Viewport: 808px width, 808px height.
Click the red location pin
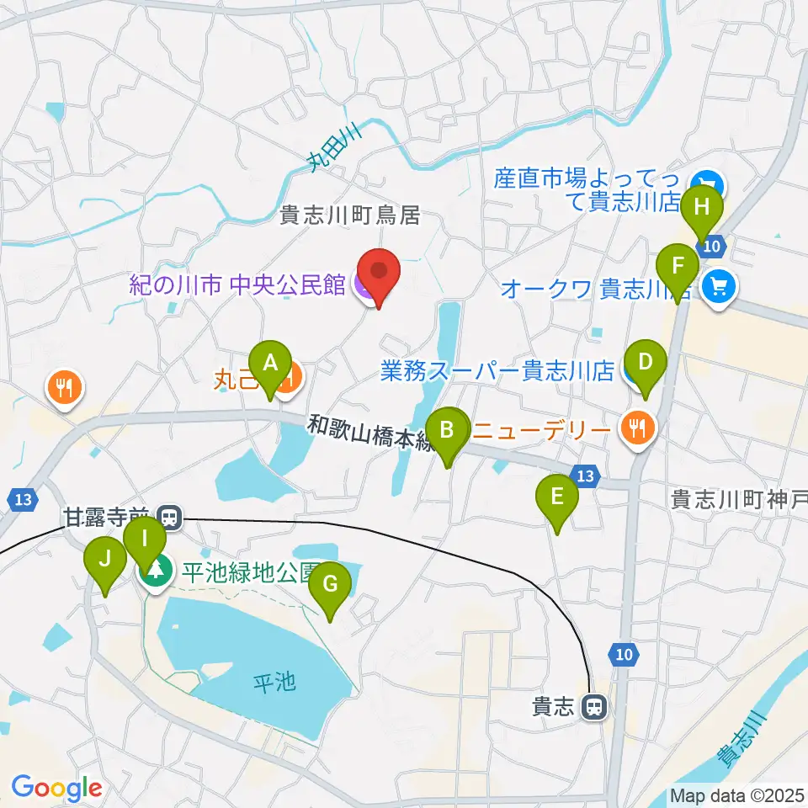[379, 274]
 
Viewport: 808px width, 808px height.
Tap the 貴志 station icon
[594, 708]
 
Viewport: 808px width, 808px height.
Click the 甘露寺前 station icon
[170, 516]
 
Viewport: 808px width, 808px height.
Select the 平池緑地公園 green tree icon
[156, 572]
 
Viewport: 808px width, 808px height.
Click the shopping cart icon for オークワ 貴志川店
[719, 288]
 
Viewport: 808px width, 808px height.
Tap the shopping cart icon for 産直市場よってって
[706, 182]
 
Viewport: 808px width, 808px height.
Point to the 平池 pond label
[275, 681]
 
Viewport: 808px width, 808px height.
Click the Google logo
[56, 789]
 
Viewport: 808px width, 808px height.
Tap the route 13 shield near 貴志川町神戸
[586, 477]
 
